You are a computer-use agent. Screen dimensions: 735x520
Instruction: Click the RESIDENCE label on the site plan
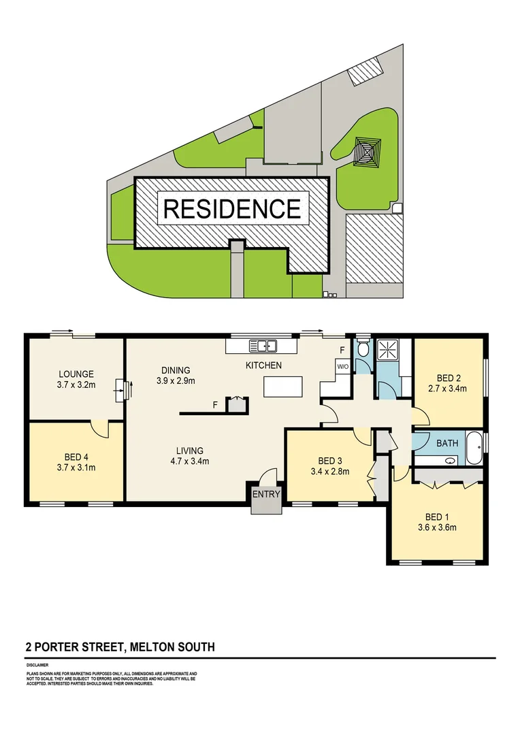[x=231, y=208]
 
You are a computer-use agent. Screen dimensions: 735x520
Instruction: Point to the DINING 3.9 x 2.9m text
[x=176, y=376]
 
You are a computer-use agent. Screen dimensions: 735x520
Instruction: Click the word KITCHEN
[x=263, y=366]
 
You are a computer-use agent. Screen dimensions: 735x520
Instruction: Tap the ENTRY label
[x=265, y=495]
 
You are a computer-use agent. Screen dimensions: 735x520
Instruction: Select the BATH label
[x=447, y=443]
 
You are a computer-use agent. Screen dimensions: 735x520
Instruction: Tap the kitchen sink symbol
[x=263, y=345]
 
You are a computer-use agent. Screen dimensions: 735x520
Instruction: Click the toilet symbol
[x=363, y=348]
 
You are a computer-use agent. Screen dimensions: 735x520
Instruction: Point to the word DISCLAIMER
[x=37, y=665]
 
